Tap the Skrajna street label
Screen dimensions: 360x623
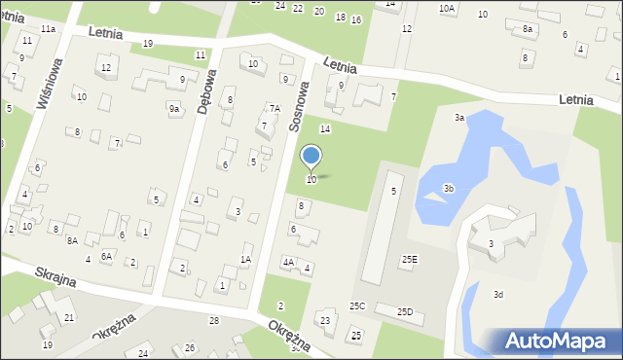click(x=55, y=276)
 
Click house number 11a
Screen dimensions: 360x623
click(x=48, y=29)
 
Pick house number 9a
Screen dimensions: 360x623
click(x=174, y=109)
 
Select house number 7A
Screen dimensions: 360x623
click(x=275, y=109)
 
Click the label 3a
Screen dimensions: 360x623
click(x=458, y=118)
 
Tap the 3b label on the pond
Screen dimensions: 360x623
click(x=449, y=188)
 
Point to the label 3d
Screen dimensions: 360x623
click(x=498, y=294)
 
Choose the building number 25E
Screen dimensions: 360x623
click(x=410, y=259)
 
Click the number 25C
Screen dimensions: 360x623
click(x=357, y=306)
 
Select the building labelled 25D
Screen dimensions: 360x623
click(x=406, y=311)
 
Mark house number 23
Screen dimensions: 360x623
click(x=326, y=321)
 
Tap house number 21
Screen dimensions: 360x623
click(x=68, y=318)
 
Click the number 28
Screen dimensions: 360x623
click(x=213, y=321)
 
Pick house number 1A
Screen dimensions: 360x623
click(x=246, y=259)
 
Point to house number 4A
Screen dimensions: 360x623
click(x=288, y=262)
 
